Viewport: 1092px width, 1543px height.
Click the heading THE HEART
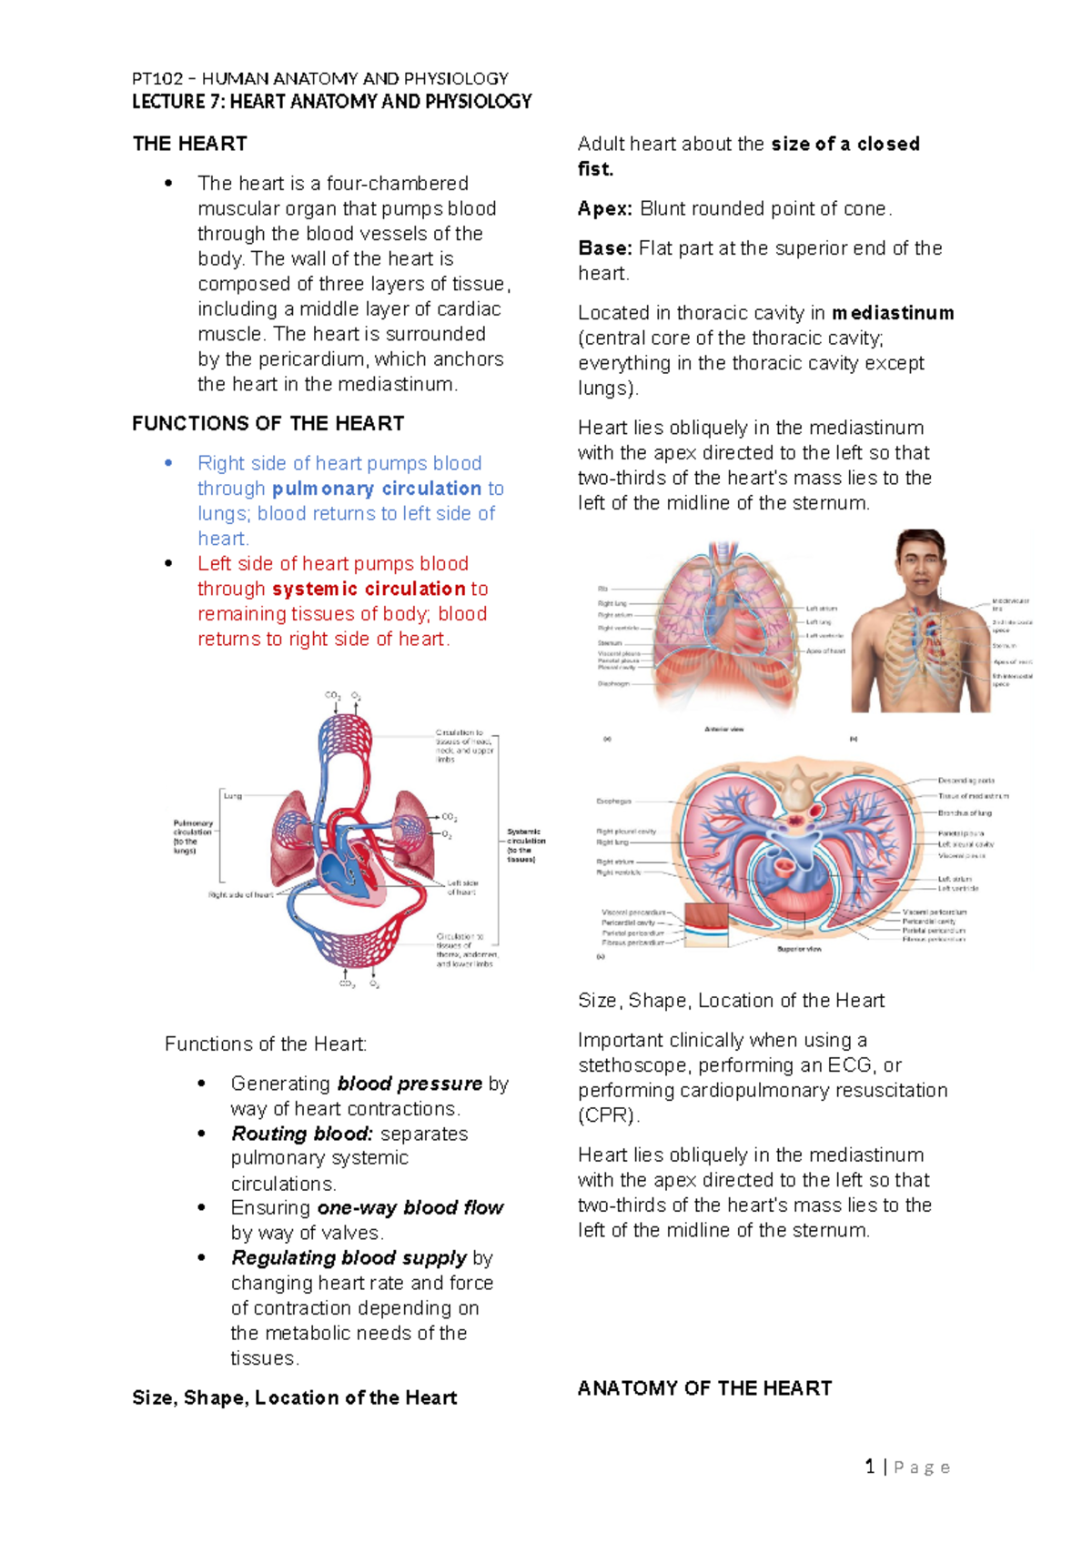pos(189,144)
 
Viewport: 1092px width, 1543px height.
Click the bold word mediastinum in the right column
pos(893,313)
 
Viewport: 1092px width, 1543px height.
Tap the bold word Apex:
pos(604,208)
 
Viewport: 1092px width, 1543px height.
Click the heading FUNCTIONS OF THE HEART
pos(268,424)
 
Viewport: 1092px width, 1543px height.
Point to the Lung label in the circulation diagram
pos(233,795)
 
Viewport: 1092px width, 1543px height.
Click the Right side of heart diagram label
pos(240,894)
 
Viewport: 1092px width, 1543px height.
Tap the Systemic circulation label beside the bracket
pos(525,845)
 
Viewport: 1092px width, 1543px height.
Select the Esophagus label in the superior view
pos(613,802)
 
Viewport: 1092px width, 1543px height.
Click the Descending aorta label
pos(966,781)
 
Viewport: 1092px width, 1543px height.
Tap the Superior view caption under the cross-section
pos(799,949)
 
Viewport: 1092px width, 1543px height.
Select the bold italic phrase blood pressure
pos(409,1084)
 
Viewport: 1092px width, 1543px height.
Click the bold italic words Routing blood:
pos(302,1134)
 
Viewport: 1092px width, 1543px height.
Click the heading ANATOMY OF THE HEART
pos(704,1388)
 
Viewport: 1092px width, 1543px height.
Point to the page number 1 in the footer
pos(871,1467)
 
